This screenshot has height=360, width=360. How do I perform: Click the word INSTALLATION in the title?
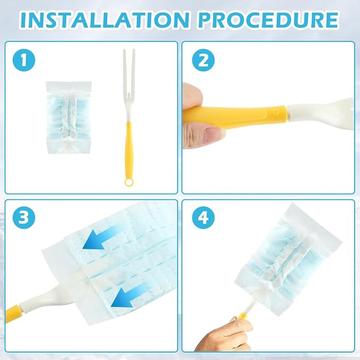pos(104,20)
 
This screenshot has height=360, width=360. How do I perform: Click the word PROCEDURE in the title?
pos(268,20)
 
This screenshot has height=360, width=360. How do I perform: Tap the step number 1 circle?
pos(24,60)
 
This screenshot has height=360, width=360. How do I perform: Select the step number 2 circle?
pos(203,60)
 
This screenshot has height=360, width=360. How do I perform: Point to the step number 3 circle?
pos(24,217)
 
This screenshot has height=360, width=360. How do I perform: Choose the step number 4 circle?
pos(203,217)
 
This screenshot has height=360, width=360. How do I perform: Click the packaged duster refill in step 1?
pos(68,118)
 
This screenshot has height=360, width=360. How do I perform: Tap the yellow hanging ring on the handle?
pos(128,182)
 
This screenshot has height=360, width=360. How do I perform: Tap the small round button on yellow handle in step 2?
pos(276,112)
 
